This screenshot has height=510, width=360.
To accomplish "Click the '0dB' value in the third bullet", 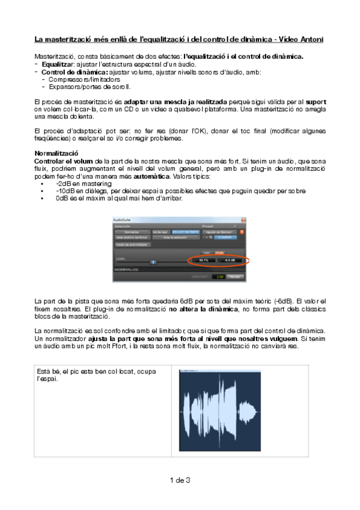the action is click(63, 198).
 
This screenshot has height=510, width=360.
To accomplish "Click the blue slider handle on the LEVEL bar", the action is click(153, 262).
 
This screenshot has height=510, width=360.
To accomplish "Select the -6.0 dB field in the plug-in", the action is click(229, 260).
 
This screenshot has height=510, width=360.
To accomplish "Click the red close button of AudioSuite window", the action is click(243, 221).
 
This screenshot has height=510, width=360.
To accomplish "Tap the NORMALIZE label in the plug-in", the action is click(127, 269).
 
